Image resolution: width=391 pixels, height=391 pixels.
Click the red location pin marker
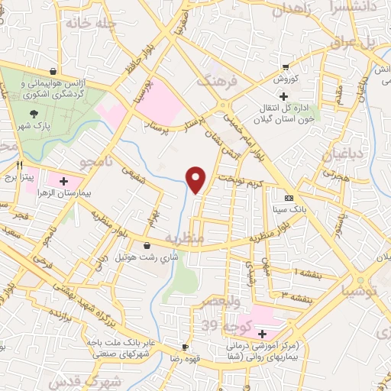tap(196, 179)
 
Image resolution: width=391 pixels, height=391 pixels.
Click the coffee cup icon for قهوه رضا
tap(184, 345)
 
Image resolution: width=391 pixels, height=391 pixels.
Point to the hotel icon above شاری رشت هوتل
tap(147, 246)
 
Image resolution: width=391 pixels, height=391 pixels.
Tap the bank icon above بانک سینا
tap(288, 196)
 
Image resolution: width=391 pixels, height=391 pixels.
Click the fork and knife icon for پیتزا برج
tap(21, 164)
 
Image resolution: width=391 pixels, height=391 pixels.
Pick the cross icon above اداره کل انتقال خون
tap(283, 96)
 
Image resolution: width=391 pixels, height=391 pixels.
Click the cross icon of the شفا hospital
tap(262, 334)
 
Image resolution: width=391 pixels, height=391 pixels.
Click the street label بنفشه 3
tap(294, 294)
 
